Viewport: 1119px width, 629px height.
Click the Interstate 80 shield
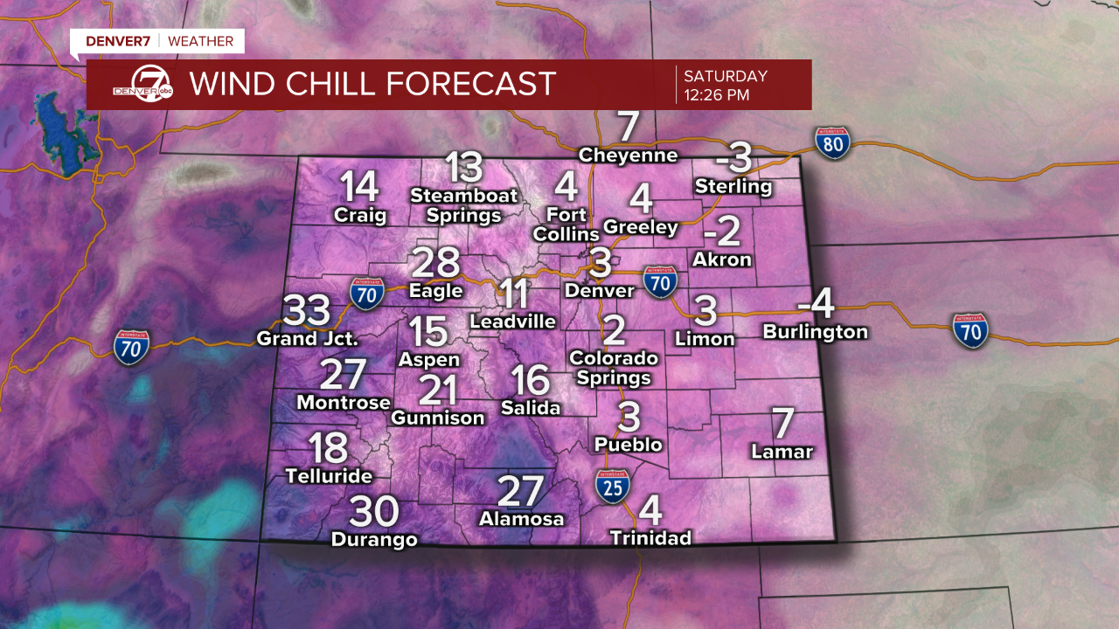click(833, 142)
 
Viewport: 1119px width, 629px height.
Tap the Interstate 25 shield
click(614, 486)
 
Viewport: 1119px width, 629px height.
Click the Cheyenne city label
click(629, 156)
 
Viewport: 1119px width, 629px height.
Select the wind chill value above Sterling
click(733, 158)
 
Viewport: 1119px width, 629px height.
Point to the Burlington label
click(815, 332)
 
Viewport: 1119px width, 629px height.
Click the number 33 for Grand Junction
click(307, 310)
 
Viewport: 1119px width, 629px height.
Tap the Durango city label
click(374, 540)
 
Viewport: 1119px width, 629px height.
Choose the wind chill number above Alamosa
click(521, 491)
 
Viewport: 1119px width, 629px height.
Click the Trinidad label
click(650, 537)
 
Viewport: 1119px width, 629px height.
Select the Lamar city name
click(782, 452)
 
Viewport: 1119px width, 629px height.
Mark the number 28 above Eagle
click(435, 263)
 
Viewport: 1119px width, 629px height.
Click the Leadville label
click(512, 321)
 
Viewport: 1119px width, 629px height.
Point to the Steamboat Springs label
click(464, 205)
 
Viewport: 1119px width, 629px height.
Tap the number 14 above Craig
click(359, 187)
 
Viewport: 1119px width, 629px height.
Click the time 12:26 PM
click(716, 95)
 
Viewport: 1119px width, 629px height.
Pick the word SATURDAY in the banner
click(726, 76)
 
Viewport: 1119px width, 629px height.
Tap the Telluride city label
click(329, 476)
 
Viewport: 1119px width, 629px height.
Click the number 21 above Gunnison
click(438, 390)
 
